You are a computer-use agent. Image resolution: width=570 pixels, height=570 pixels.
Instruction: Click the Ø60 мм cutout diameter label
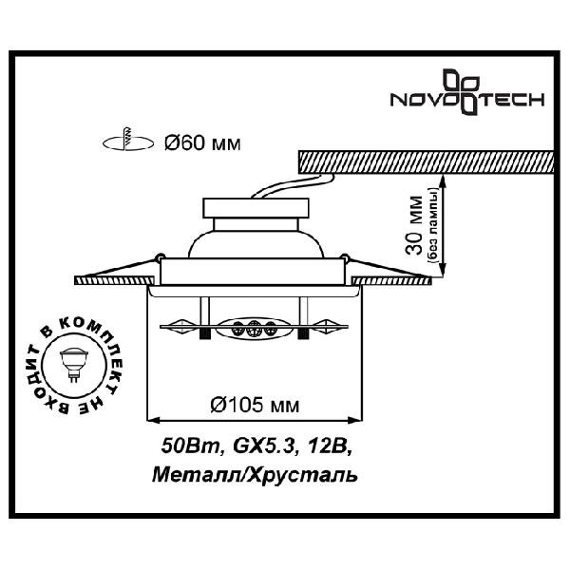202,143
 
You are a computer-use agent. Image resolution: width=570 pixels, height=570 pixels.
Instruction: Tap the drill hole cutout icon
127,141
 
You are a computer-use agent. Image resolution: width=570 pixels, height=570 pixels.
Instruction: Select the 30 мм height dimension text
415,225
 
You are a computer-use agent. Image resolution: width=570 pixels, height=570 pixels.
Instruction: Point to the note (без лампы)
434,226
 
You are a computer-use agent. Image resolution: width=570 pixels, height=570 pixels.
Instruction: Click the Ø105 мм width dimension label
255,405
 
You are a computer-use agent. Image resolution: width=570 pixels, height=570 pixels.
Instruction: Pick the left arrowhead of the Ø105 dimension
154,421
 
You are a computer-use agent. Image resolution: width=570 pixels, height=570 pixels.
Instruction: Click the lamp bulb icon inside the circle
74,365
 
